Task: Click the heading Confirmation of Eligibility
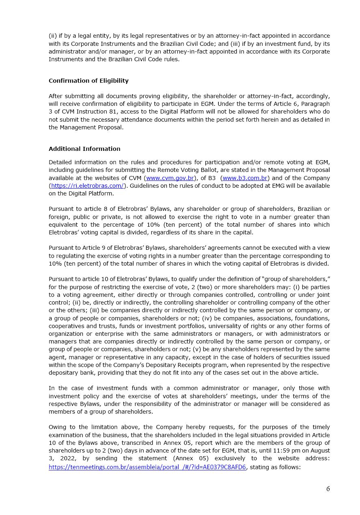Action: tap(88, 81)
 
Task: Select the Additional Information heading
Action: tap(84, 149)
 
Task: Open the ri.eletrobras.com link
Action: tap(87, 186)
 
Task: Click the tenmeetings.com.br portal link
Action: tap(147, 467)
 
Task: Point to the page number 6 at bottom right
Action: tap(328, 489)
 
